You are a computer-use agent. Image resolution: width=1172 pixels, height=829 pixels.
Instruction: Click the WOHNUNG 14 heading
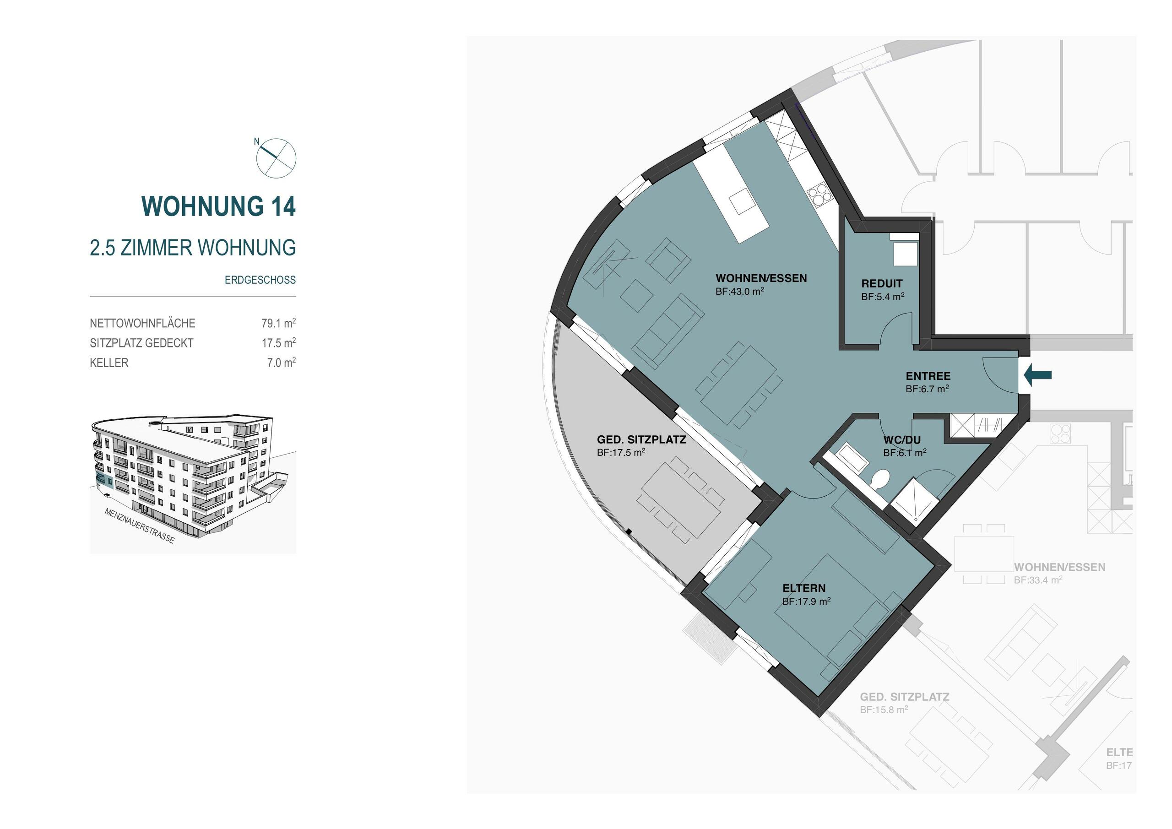coord(218,206)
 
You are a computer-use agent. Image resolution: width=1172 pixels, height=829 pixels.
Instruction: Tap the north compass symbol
coord(276,158)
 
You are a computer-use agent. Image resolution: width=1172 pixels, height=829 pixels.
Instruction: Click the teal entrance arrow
coord(1038,375)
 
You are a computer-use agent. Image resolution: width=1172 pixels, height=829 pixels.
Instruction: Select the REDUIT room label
coord(882,283)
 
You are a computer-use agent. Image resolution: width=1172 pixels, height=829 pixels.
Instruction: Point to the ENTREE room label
coord(928,376)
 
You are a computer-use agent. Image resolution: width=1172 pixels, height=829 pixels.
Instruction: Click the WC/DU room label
coord(902,440)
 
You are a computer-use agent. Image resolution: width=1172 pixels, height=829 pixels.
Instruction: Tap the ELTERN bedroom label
coord(804,588)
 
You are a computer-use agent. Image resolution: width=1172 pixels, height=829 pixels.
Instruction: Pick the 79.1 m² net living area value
coord(279,323)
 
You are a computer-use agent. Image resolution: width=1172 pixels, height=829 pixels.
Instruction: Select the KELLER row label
coord(109,363)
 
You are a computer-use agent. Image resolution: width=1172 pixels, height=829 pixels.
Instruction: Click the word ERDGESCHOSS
coord(260,280)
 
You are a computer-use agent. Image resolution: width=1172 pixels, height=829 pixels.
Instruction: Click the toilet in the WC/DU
coord(880,479)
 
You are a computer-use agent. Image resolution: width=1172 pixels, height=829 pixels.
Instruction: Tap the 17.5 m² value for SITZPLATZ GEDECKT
coord(279,343)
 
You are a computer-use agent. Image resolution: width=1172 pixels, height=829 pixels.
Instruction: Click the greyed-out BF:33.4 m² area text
coord(1038,580)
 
